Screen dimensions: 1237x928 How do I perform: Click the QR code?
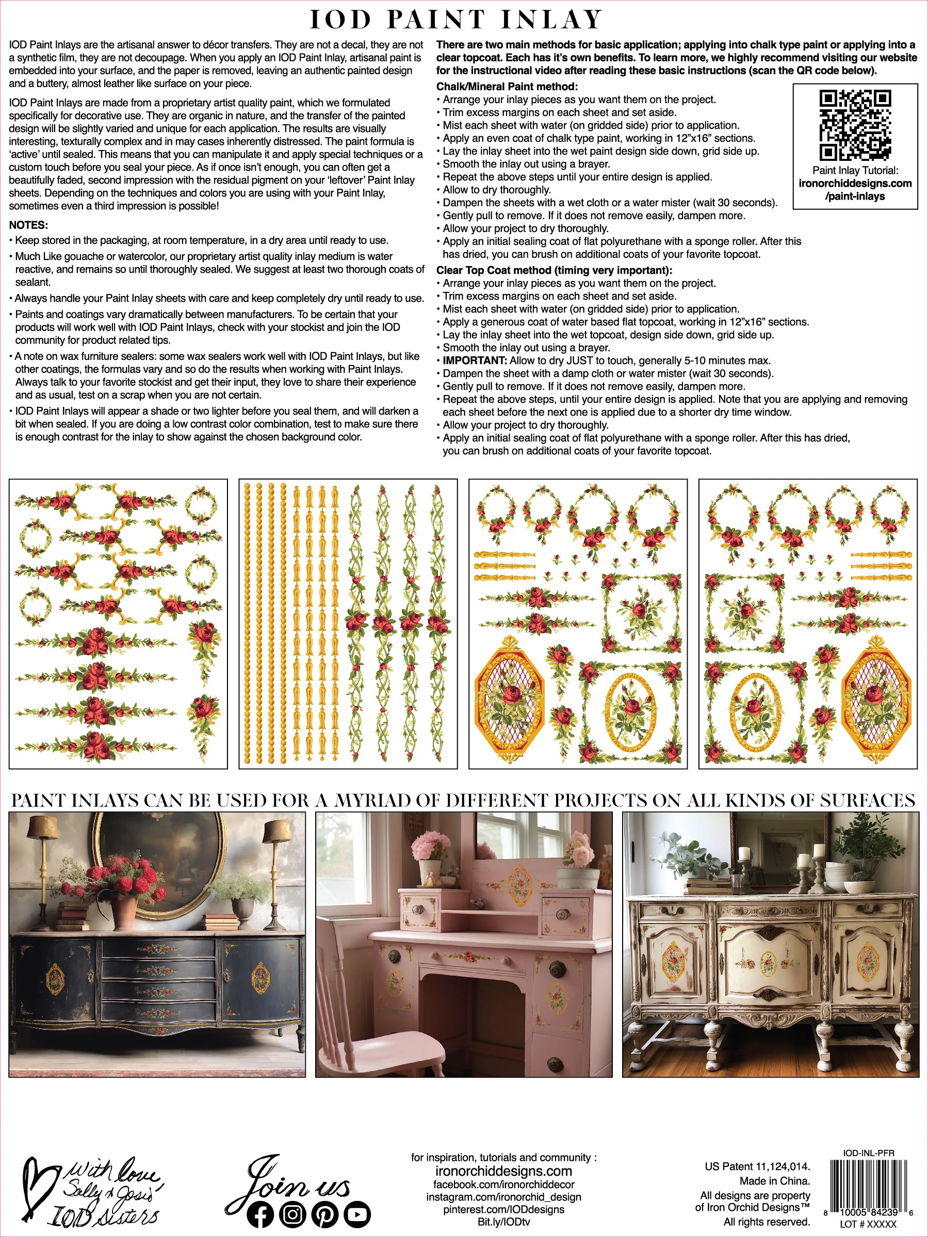pyautogui.click(x=855, y=125)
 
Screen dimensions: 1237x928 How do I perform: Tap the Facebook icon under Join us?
pyautogui.click(x=260, y=1214)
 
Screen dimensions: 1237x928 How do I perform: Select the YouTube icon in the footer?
pyautogui.click(x=356, y=1214)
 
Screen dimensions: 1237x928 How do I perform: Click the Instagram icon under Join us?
pyautogui.click(x=292, y=1214)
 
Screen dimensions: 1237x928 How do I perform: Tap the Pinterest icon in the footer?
pyautogui.click(x=324, y=1214)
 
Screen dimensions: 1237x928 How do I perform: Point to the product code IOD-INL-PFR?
pyautogui.click(x=868, y=1153)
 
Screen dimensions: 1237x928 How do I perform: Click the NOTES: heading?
pyautogui.click(x=28, y=225)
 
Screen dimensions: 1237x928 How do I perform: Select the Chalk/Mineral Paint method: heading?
pyautogui.click(x=507, y=87)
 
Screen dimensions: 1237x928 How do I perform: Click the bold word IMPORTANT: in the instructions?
pyautogui.click(x=475, y=361)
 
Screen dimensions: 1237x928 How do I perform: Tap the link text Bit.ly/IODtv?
pyautogui.click(x=503, y=1222)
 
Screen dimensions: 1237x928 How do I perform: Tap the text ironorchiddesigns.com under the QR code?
pyautogui.click(x=855, y=184)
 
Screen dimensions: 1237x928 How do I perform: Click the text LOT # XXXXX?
pyautogui.click(x=868, y=1224)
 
